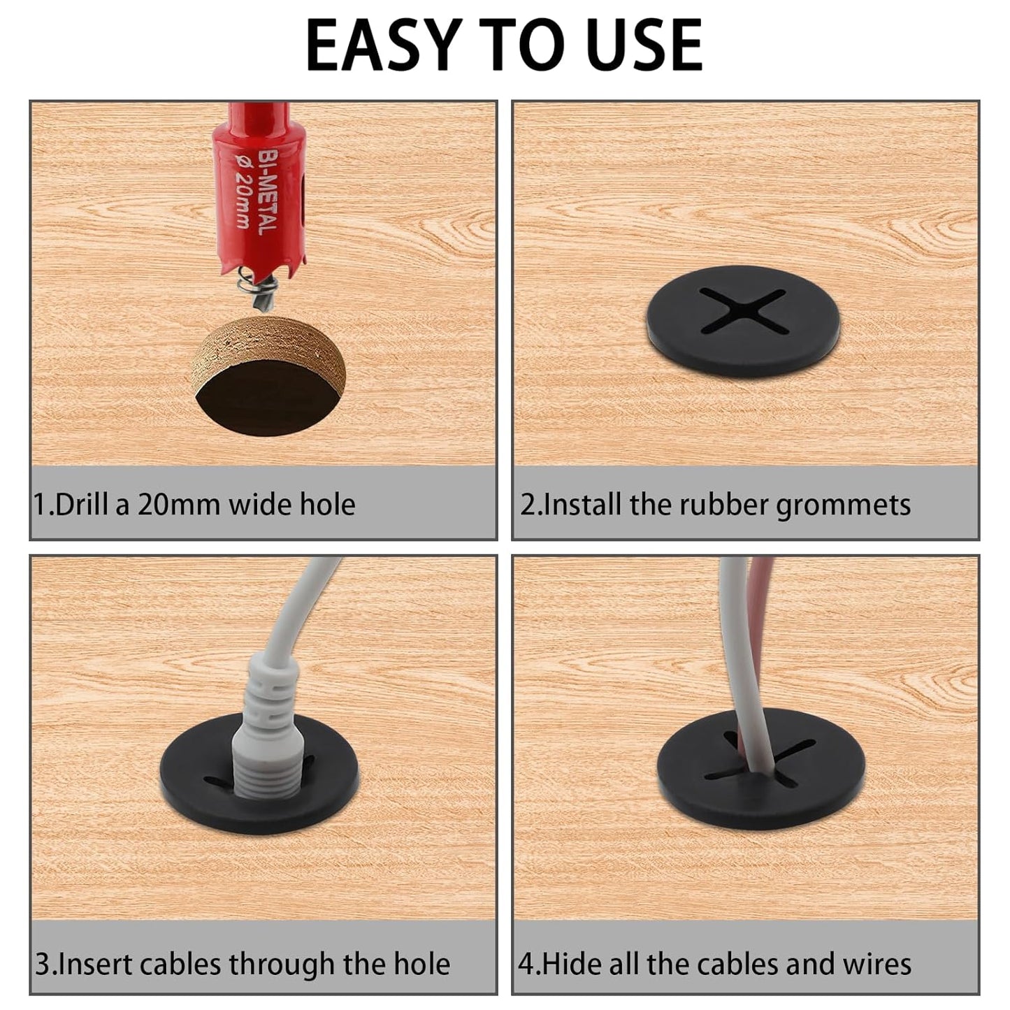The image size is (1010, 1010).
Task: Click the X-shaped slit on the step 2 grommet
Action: [x=742, y=310]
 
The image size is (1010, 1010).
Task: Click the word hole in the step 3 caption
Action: [x=421, y=964]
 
